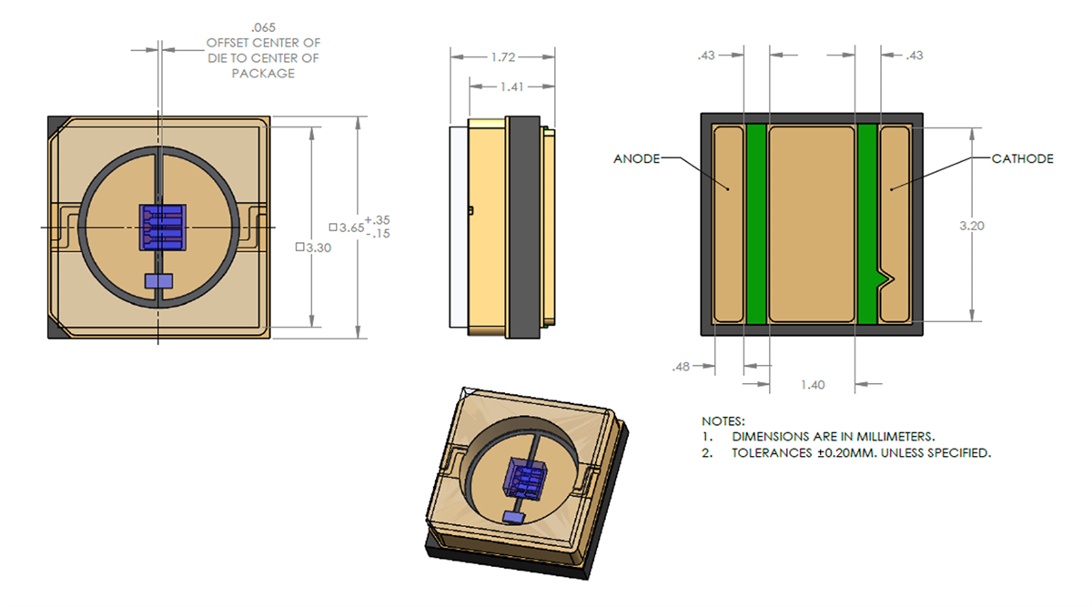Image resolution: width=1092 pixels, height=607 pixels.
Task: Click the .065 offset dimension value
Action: point(263,28)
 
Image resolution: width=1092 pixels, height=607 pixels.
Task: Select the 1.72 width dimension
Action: point(502,56)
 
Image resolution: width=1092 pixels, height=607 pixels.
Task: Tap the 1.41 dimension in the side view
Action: point(511,87)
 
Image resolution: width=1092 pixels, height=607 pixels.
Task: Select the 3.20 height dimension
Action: point(972,227)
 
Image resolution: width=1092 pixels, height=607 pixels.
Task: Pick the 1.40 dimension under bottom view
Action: point(812,385)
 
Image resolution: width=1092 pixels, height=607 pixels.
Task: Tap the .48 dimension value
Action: point(681,367)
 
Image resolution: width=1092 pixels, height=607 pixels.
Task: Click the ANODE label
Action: point(636,158)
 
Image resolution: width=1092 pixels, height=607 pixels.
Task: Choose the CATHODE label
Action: point(1022,158)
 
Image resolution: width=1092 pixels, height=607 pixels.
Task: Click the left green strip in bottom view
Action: point(756,223)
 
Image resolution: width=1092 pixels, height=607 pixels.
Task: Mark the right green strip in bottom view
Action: point(867,223)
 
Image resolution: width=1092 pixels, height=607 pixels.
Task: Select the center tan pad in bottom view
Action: point(812,223)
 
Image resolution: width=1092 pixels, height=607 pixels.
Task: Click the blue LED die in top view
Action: point(161,227)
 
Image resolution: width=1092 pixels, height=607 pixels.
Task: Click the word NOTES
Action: point(723,422)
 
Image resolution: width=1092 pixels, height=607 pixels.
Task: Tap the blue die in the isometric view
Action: point(527,477)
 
